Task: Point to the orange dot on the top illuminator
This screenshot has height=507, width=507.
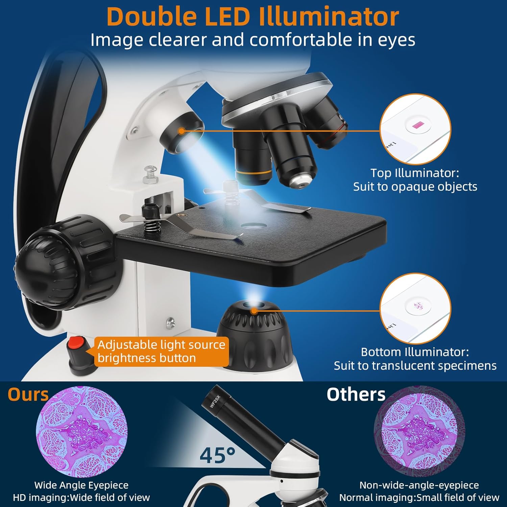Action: (x=182, y=131)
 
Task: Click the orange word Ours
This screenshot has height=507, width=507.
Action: (x=28, y=394)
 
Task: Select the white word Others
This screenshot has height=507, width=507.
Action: (x=356, y=394)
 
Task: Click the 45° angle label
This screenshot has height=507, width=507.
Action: (x=217, y=455)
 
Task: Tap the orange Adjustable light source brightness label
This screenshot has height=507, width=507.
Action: (x=161, y=352)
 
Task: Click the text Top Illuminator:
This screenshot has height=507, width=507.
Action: (x=415, y=173)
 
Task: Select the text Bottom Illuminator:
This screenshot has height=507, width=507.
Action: (x=415, y=352)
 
